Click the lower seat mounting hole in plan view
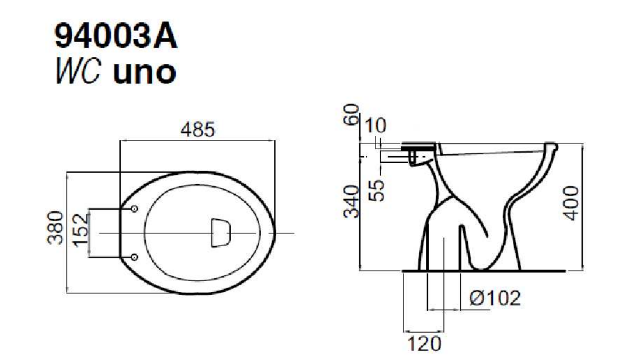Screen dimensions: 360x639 pyautogui.click(x=134, y=257)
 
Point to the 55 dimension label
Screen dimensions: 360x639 pyautogui.click(x=378, y=191)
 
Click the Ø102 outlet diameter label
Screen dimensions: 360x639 pyautogui.click(x=494, y=298)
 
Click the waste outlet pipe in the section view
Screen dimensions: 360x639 pyautogui.click(x=444, y=250)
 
